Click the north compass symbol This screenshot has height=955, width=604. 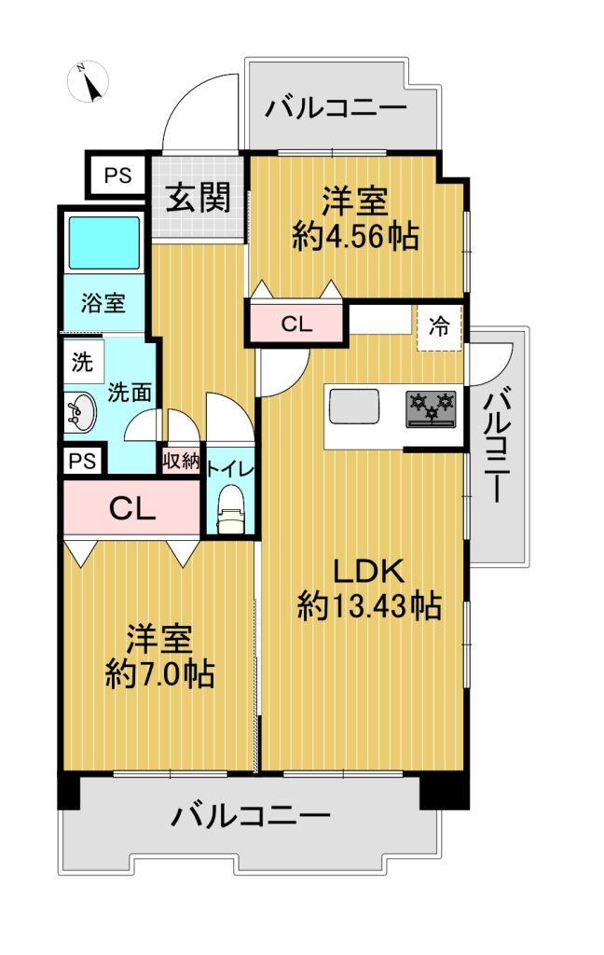88,82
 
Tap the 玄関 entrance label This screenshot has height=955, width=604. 199,198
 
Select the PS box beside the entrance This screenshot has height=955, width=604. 117,175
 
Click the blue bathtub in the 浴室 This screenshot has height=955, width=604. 104,242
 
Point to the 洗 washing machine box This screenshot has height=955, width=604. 83,362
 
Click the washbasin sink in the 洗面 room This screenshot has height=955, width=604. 79,412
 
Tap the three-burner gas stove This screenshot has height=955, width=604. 431,408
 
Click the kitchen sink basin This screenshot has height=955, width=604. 354,406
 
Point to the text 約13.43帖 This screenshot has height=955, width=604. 369,605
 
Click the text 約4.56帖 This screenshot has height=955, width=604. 355,236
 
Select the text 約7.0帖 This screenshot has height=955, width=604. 159,673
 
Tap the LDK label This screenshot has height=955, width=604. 368,572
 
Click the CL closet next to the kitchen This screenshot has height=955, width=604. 295,324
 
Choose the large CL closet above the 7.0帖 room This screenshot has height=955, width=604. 131,508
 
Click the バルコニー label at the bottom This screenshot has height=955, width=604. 250,815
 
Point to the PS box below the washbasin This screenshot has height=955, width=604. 83,461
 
